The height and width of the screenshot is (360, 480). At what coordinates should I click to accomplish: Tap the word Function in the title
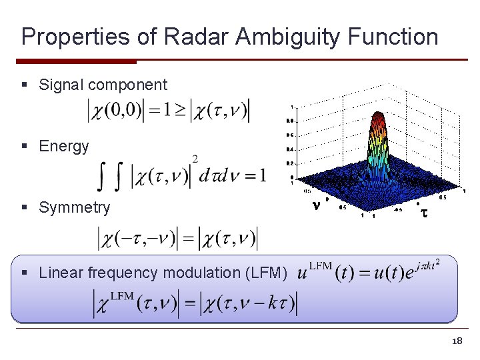393,36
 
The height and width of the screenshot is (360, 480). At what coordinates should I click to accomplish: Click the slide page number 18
457,341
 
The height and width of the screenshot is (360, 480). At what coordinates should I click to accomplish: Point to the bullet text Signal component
103,85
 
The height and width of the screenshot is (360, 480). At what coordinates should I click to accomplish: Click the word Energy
63,146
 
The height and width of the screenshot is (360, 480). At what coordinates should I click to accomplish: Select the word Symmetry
74,207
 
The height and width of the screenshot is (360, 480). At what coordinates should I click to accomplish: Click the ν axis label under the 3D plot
316,206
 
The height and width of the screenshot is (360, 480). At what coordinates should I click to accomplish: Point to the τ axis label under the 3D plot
421,213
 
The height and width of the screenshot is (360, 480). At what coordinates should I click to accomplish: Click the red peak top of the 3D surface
379,117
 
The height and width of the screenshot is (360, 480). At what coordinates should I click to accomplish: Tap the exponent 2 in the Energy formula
195,158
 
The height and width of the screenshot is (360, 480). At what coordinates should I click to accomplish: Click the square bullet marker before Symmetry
24,208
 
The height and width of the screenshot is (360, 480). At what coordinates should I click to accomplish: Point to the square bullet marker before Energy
24,147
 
